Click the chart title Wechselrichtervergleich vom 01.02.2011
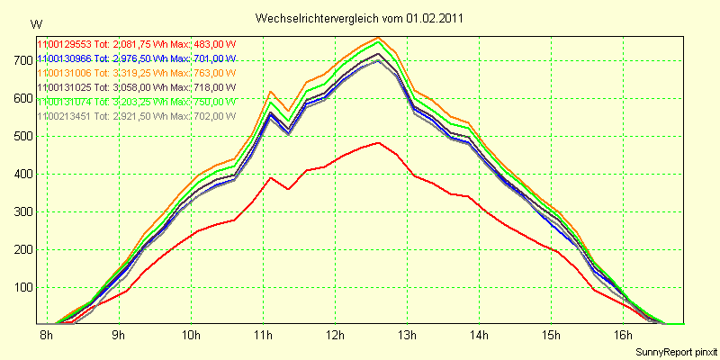[x=360, y=18]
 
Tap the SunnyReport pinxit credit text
[x=676, y=350]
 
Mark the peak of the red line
[x=379, y=142]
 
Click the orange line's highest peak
[x=379, y=38]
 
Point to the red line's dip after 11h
[x=288, y=189]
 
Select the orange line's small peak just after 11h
[x=270, y=92]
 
